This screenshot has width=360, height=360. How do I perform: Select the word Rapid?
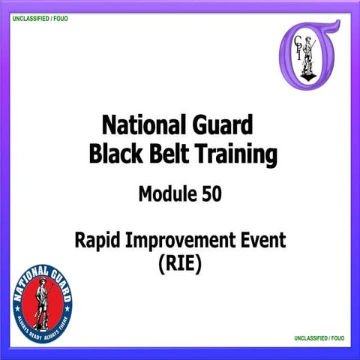[x=97, y=241]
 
